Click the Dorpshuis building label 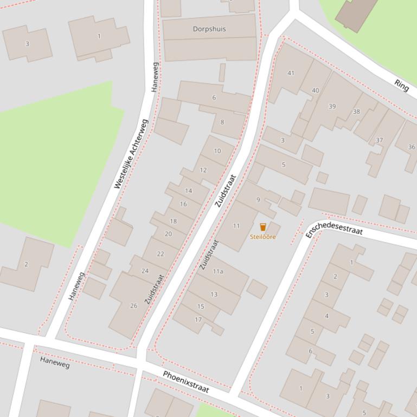[209, 29]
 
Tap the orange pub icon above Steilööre [263, 227]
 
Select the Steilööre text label [263, 237]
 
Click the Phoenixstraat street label [186, 382]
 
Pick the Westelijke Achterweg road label [131, 154]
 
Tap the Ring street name [402, 85]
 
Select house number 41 [291, 73]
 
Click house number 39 [332, 106]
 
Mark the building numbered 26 [134, 305]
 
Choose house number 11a [218, 271]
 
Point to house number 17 [198, 320]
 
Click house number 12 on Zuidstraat [203, 170]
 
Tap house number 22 [161, 254]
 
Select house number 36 [412, 147]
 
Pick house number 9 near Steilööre [258, 199]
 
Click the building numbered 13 [214, 294]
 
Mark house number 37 [380, 140]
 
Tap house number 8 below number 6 [222, 122]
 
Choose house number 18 [174, 221]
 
